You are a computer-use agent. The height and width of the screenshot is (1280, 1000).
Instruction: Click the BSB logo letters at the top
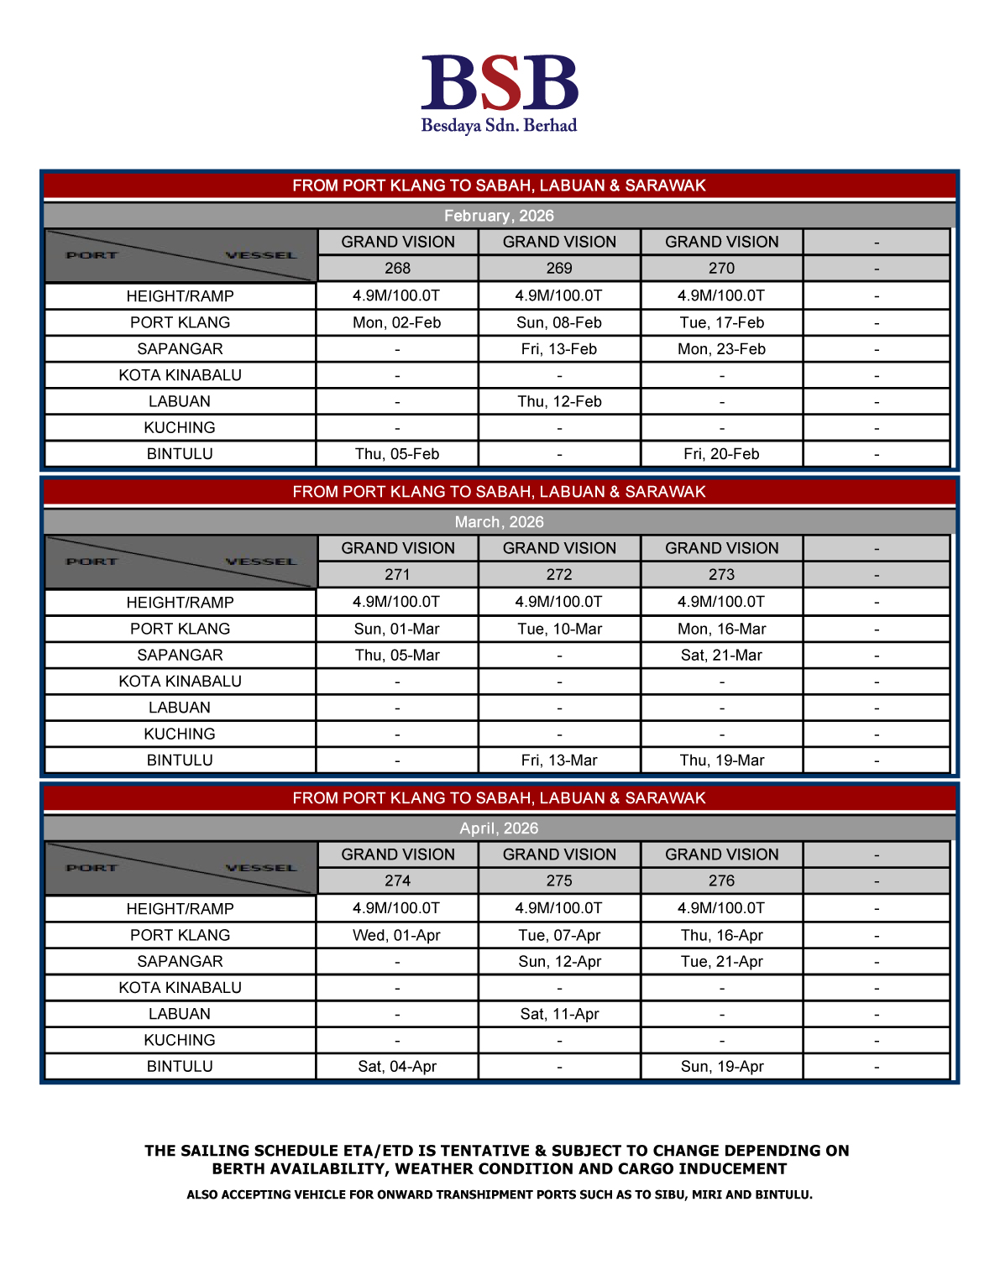pyautogui.click(x=500, y=83)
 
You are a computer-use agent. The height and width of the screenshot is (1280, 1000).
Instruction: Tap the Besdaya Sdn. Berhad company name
pyautogui.click(x=499, y=126)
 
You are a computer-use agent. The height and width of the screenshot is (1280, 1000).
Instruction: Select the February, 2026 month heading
pyautogui.click(x=499, y=216)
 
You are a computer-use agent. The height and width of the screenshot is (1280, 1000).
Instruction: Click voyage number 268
pyautogui.click(x=397, y=269)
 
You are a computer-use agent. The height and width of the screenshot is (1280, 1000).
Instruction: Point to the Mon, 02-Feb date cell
pyautogui.click(x=397, y=323)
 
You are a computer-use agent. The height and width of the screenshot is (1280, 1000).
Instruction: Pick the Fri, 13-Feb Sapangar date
pyautogui.click(x=559, y=349)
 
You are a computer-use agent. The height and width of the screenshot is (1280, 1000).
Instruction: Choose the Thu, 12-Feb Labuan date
pyautogui.click(x=559, y=402)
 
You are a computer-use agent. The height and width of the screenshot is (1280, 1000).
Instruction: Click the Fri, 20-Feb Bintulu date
pyautogui.click(x=721, y=454)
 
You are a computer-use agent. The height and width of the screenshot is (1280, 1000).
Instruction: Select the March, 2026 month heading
pyautogui.click(x=499, y=522)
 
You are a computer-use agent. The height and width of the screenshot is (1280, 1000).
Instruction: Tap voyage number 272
pyautogui.click(x=559, y=575)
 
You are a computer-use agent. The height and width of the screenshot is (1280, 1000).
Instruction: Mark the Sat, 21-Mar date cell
pyautogui.click(x=721, y=656)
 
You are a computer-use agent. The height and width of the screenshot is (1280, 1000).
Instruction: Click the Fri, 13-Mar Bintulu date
pyautogui.click(x=559, y=760)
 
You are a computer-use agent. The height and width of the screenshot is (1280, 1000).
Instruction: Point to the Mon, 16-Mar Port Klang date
pyautogui.click(x=721, y=630)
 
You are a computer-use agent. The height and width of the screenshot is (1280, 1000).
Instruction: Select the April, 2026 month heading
pyautogui.click(x=499, y=828)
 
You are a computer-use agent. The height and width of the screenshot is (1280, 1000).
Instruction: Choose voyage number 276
pyautogui.click(x=721, y=881)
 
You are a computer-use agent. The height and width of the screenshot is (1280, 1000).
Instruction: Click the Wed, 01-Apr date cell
pyautogui.click(x=397, y=936)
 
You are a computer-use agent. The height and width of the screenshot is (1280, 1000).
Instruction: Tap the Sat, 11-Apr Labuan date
pyautogui.click(x=559, y=1015)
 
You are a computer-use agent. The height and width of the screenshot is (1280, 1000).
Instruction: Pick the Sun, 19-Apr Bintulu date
pyautogui.click(x=721, y=1067)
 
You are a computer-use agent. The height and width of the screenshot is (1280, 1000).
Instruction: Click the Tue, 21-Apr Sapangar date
pyautogui.click(x=721, y=962)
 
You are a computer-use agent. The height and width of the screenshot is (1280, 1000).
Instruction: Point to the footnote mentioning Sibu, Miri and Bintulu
pyautogui.click(x=500, y=1194)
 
